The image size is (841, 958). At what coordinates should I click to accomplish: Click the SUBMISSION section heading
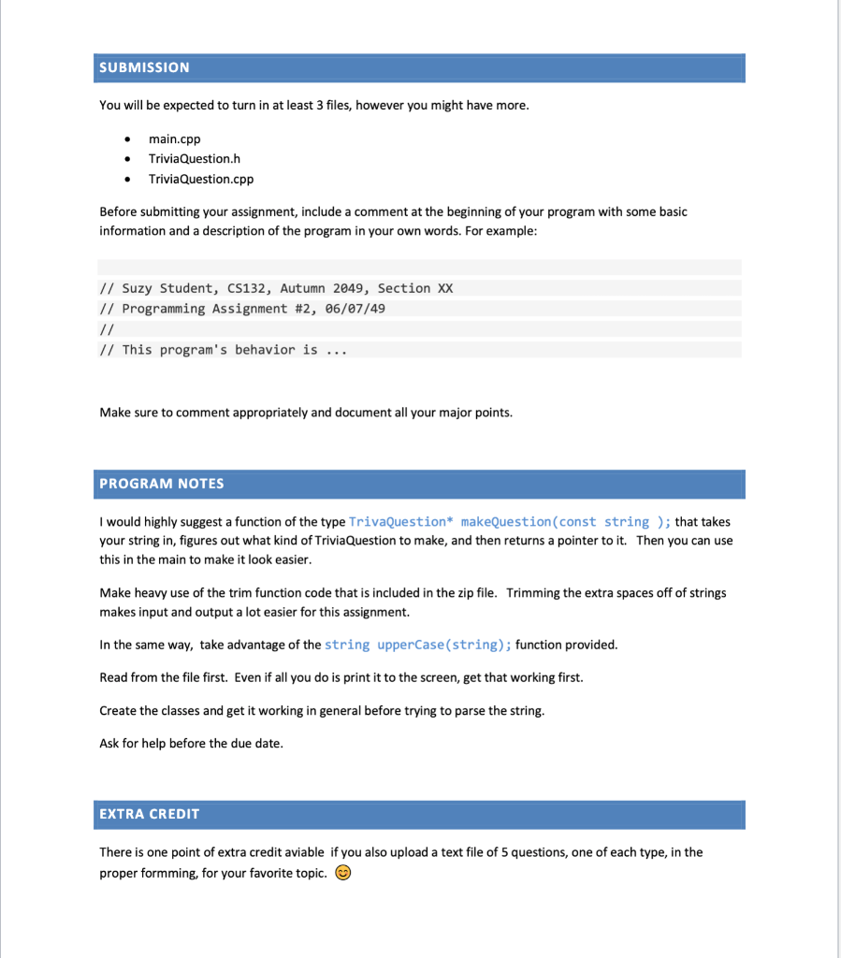coord(144,67)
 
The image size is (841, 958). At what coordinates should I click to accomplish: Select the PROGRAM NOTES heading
coord(162,484)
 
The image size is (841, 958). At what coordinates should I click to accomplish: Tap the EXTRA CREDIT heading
coord(150,814)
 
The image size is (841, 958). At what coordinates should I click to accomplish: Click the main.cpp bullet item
coord(175,138)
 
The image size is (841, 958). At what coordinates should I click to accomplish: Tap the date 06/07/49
coord(355,309)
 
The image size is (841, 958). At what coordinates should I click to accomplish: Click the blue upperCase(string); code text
coord(418,645)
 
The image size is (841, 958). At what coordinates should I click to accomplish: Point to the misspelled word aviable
coord(303,852)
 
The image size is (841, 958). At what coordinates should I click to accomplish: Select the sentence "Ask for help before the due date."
coord(191,743)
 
